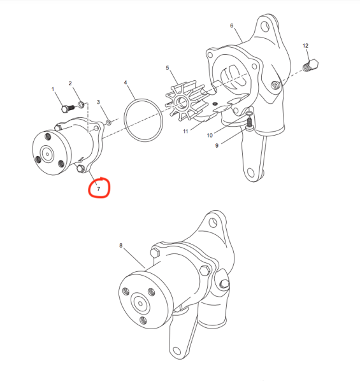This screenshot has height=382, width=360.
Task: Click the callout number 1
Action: [53, 90]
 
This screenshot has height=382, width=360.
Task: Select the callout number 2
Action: [70, 84]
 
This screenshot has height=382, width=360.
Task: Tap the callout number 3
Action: [99, 102]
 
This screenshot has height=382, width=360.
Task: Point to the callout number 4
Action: [126, 83]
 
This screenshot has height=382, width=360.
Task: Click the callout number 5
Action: [167, 68]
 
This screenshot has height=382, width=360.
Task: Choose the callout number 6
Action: [231, 26]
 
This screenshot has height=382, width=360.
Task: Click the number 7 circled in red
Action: [99, 189]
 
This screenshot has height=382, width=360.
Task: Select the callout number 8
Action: [120, 245]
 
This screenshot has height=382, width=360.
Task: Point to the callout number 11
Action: [185, 132]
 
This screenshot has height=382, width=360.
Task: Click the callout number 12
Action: [305, 46]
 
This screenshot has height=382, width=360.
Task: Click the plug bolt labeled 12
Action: [312, 66]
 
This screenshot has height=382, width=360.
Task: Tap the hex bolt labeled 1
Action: [64, 108]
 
